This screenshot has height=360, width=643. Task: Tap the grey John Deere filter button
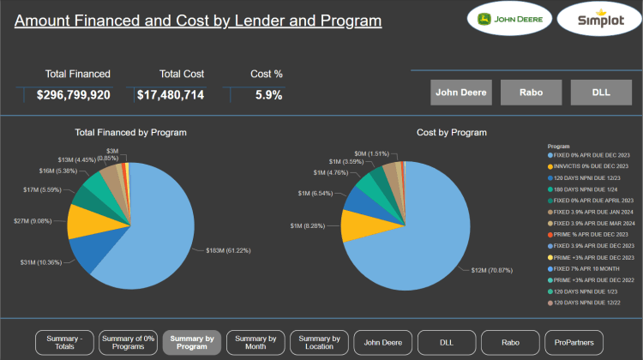click(461, 92)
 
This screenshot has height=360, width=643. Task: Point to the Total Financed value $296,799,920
click(74, 95)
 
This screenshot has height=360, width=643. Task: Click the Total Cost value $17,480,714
click(171, 95)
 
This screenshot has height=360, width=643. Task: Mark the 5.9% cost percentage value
click(268, 95)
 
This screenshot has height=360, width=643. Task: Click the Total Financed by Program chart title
click(131, 133)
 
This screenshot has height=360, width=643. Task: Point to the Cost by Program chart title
click(452, 133)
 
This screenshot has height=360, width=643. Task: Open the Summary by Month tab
click(255, 343)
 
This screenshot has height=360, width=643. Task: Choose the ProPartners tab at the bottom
click(574, 343)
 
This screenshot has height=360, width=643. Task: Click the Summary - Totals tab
click(64, 343)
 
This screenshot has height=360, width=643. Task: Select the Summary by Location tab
click(320, 343)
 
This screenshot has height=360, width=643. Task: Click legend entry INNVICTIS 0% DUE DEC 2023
click(591, 165)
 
